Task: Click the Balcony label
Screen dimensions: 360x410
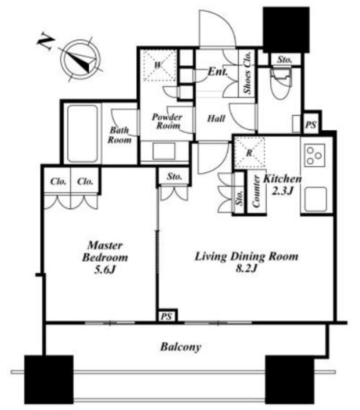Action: coord(181,347)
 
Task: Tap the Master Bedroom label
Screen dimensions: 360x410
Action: coord(105,251)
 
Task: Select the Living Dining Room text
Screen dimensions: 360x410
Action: coord(246,256)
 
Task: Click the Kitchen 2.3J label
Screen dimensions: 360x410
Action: coord(282,185)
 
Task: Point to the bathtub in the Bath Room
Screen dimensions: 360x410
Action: coord(83,134)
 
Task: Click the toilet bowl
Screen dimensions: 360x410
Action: coord(280,83)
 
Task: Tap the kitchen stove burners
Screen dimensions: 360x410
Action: coord(314,156)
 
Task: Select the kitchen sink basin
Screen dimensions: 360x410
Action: coord(316,199)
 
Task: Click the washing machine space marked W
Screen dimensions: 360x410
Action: coord(159,65)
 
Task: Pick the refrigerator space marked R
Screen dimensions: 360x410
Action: coord(249,152)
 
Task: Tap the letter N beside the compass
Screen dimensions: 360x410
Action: coord(46,42)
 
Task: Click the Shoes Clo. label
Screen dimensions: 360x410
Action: coord(248,72)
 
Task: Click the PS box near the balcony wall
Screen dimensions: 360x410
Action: coord(167,316)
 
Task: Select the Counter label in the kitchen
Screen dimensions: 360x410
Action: coord(256,191)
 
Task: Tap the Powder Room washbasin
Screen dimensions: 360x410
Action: coord(164,151)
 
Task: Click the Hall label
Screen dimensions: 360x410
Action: coord(216,119)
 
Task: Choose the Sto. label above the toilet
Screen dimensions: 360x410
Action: coord(285,60)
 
